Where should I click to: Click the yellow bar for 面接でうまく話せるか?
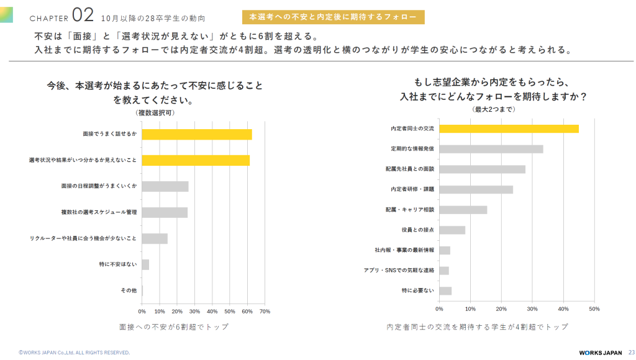coord(197,135)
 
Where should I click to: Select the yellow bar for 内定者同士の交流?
coord(509,129)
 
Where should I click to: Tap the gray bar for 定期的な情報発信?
coord(491,149)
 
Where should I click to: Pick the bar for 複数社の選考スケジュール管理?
coord(165,212)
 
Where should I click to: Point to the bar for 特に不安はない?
coord(145,265)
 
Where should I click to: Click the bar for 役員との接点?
coord(452,230)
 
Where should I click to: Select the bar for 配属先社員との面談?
coord(482,169)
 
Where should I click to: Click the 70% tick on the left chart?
coord(265,312)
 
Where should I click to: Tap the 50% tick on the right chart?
coord(594,309)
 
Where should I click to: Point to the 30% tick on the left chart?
coord(194,312)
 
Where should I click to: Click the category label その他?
coord(129,290)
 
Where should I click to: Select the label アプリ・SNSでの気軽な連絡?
coord(399,271)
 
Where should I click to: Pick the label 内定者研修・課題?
coord(412,189)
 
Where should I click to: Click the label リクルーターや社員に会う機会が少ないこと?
coord(83,238)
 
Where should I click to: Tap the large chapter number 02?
coord(83,16)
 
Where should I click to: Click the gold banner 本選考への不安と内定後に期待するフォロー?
coord(334,17)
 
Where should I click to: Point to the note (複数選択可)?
coord(155,113)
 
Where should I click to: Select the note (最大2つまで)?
coord(494,109)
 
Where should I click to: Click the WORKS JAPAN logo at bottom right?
coord(601,353)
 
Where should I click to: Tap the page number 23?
coord(632,353)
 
